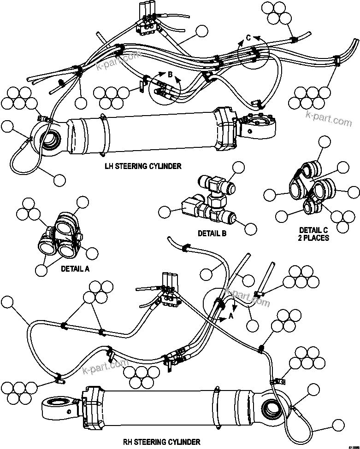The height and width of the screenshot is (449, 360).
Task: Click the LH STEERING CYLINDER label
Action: [x=143, y=166]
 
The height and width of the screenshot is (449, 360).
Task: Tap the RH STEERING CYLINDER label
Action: [x=161, y=442]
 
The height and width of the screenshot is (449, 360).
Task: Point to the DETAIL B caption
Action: [x=212, y=233]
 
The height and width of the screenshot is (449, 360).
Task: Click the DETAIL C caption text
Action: [x=314, y=230]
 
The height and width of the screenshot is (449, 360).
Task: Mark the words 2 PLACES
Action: [x=314, y=238]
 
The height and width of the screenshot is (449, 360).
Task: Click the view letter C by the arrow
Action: [x=248, y=38]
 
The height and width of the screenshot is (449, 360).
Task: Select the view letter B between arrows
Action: [x=170, y=74]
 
